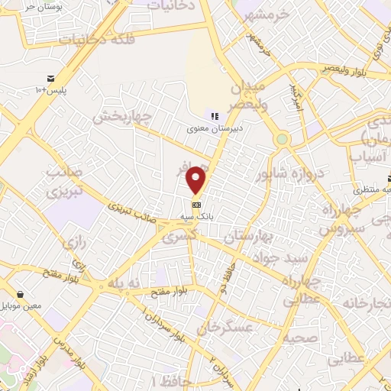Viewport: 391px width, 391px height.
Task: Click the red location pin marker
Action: coord(196,179)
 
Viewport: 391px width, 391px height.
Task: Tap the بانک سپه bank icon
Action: coord(196,205)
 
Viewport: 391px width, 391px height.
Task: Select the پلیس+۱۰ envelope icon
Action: coord(50,79)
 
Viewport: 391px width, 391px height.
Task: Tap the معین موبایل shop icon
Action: coord(19,294)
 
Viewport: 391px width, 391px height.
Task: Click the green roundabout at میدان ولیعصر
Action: coord(283,139)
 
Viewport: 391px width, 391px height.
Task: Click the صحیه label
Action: coord(278,337)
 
